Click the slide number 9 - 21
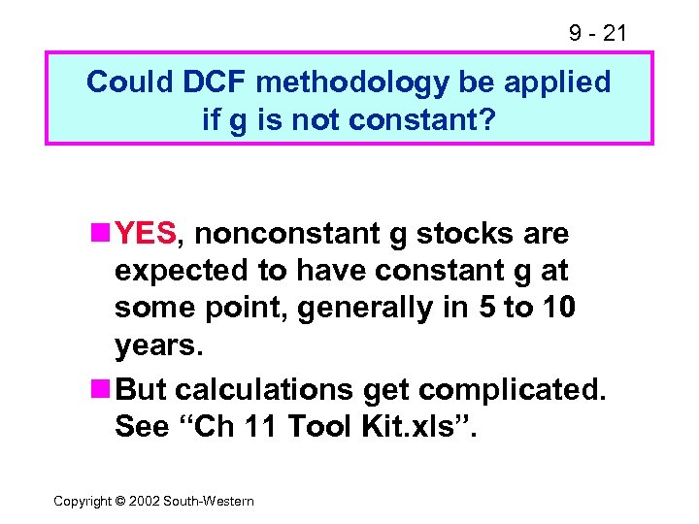[x=597, y=34]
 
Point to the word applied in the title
[x=564, y=82]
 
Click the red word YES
[x=146, y=233]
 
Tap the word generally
[x=370, y=309]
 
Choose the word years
[x=155, y=346]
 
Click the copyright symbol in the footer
[x=121, y=501]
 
